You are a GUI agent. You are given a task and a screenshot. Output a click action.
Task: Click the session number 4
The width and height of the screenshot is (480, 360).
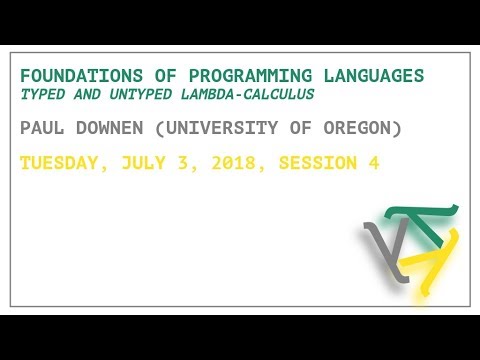pos(373,163)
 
